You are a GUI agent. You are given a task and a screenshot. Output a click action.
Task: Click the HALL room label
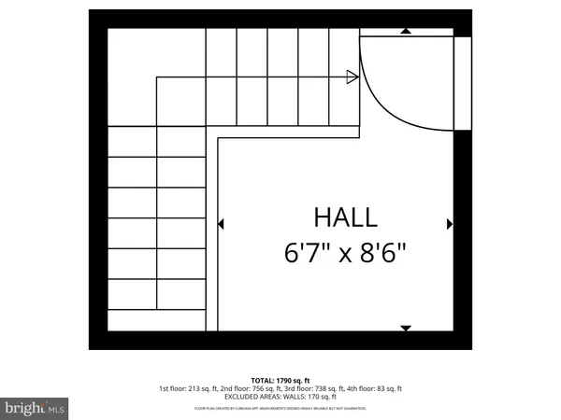(345, 217)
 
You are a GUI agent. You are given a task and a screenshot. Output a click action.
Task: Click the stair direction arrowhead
(352, 77)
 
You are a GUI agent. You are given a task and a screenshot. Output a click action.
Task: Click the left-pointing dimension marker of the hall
(221, 224)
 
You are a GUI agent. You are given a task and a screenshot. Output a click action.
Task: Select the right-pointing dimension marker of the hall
(450, 224)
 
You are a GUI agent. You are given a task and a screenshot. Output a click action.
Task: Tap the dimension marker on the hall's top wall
(405, 31)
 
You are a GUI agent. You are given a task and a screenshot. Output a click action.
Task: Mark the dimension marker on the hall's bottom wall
(405, 328)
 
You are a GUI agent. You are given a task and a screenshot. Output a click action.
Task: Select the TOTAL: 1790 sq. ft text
(280, 380)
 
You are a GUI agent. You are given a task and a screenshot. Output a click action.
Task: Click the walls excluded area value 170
(313, 397)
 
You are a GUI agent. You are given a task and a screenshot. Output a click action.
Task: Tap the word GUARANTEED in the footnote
(354, 409)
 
